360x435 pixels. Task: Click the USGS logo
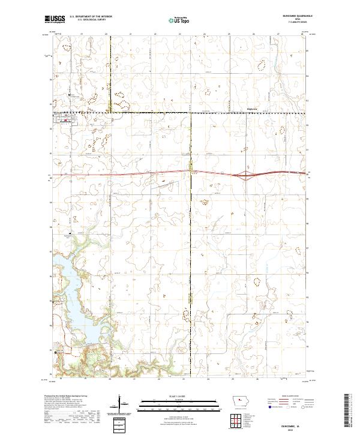point(55,19)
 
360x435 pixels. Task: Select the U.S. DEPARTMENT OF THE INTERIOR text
point(91,17)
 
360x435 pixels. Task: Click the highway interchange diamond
point(245,176)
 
